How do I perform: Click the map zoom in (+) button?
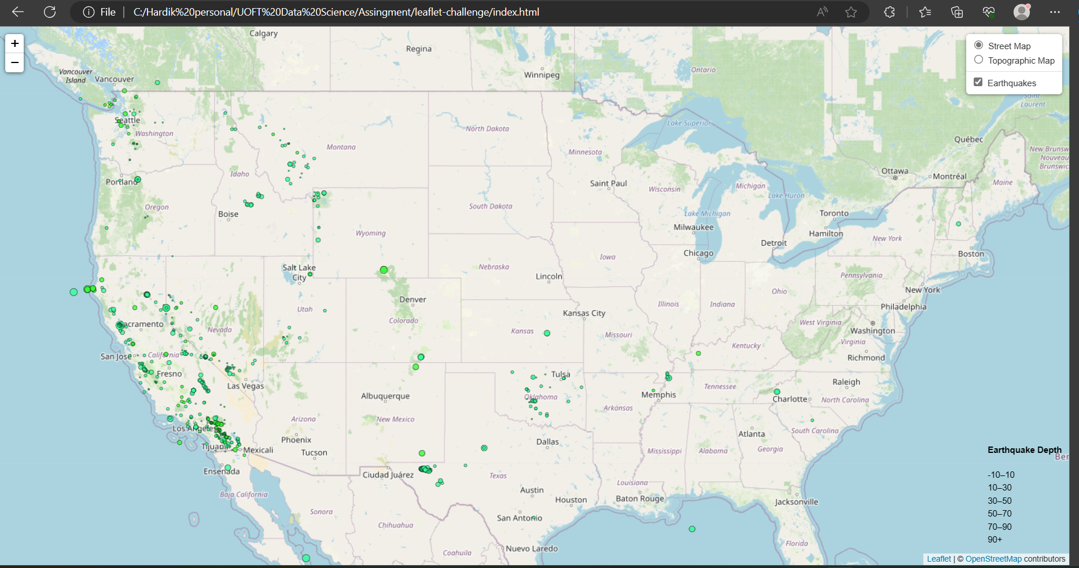14,43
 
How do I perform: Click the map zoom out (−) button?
14,62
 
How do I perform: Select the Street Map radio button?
978,45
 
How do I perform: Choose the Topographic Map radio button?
978,60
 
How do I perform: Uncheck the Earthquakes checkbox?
978,82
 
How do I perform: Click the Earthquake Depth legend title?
1024,450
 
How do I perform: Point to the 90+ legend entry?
995,540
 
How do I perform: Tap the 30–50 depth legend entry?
999,501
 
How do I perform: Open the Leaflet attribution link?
938,559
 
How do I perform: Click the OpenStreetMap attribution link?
993,559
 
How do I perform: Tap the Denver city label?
413,300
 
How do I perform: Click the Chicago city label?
698,253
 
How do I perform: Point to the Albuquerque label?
385,396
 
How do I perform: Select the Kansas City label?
584,313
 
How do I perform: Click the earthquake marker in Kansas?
547,333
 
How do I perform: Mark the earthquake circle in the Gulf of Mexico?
692,529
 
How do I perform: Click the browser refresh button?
50,12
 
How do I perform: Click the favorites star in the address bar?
851,12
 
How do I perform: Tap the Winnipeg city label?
542,75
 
